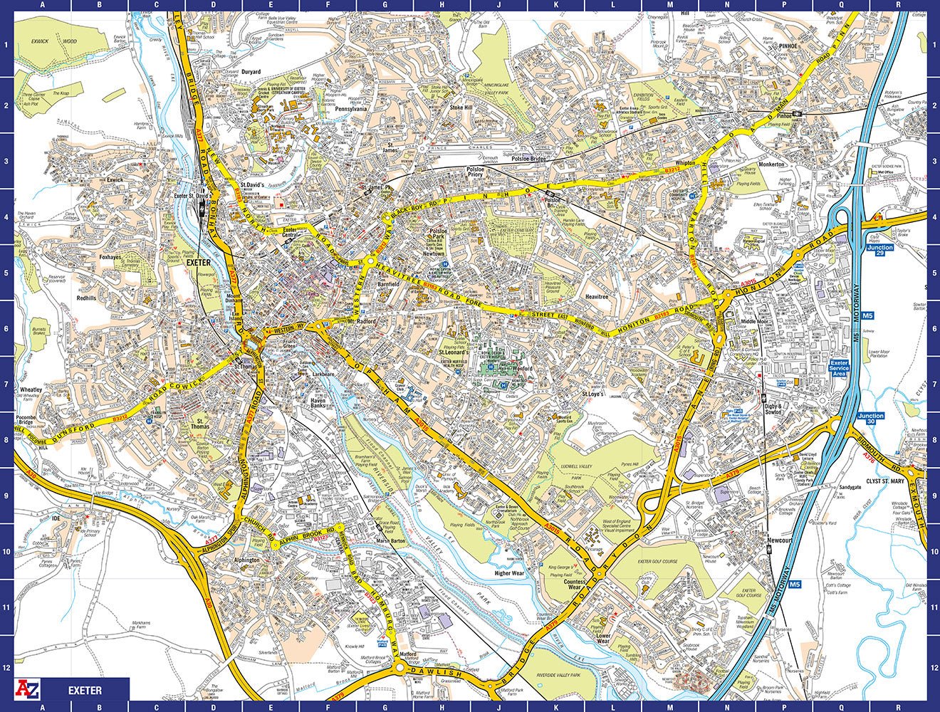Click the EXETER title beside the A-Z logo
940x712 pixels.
pyautogui.click(x=85, y=690)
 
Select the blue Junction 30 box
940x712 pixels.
pyautogui.click(x=870, y=419)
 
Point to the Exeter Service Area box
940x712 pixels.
pyautogui.click(x=840, y=368)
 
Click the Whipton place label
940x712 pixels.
pyautogui.click(x=685, y=163)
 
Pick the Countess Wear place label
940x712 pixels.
pyautogui.click(x=575, y=585)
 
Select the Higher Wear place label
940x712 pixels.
pyautogui.click(x=509, y=572)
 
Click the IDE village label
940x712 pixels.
pyautogui.click(x=56, y=518)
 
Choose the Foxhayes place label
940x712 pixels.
pyautogui.click(x=110, y=257)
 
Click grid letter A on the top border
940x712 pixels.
pyautogui.click(x=42, y=6)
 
